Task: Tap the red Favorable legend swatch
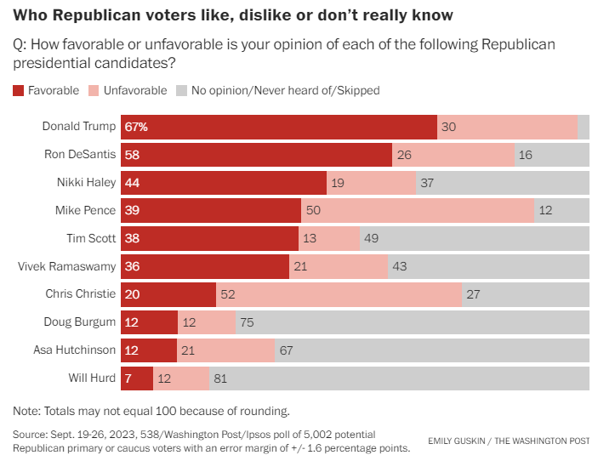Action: click(x=19, y=90)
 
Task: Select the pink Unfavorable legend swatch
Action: click(x=94, y=90)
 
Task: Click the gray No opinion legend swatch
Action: click(x=180, y=90)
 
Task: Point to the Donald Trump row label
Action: click(x=78, y=127)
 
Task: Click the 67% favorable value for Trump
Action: click(x=136, y=127)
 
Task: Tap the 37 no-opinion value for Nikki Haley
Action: click(x=429, y=183)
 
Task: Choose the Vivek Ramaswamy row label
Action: click(x=66, y=266)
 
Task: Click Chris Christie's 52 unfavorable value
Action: click(x=227, y=294)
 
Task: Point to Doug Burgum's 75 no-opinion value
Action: click(x=248, y=322)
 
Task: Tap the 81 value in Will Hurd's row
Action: click(x=221, y=378)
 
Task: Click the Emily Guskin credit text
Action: click(x=509, y=441)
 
